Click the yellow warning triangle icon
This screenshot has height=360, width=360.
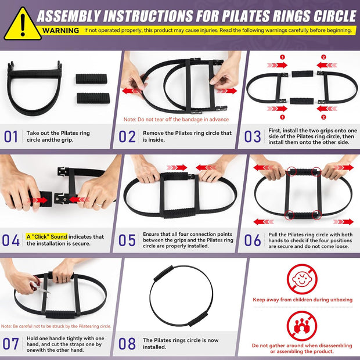tap(23, 24)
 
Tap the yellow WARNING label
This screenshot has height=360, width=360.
tap(61, 30)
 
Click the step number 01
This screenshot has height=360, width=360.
tap(11, 137)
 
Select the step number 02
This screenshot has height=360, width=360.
tap(127, 137)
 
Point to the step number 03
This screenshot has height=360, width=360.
tap(253, 137)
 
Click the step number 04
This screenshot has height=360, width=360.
tap(11, 240)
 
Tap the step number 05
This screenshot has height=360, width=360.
tap(127, 240)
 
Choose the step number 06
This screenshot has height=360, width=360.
tap(253, 240)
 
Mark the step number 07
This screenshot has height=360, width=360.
tap(11, 343)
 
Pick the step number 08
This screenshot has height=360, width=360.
tap(127, 343)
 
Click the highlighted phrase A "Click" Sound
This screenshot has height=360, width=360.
tap(46, 236)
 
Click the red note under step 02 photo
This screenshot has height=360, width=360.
tap(176, 120)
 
